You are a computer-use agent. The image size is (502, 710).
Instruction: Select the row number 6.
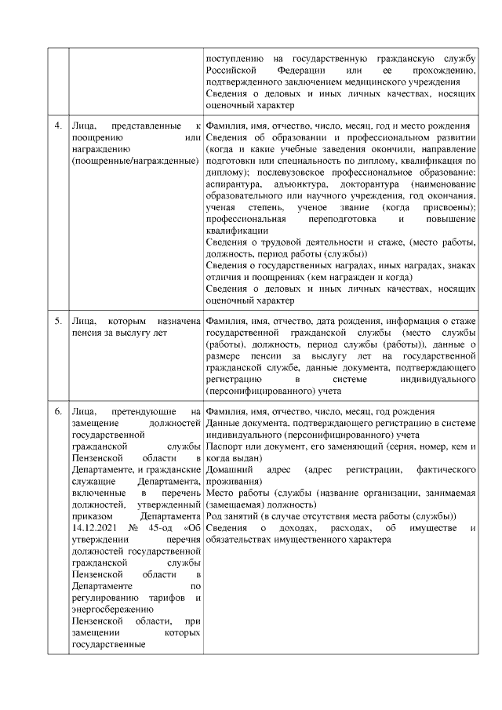coord(57,411)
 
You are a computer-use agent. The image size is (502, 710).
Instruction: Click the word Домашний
coord(228,469)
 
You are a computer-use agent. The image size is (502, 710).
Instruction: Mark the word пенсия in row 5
coord(87,333)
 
